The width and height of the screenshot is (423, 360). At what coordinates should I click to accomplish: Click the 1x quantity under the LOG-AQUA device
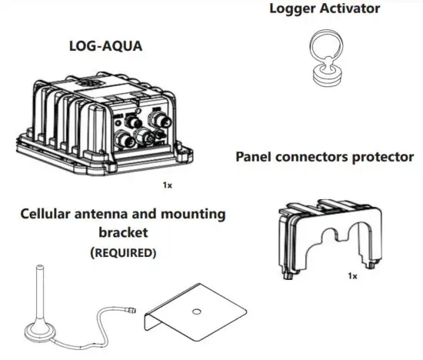click(166, 185)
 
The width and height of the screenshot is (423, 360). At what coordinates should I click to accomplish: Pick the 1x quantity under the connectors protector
click(352, 275)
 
